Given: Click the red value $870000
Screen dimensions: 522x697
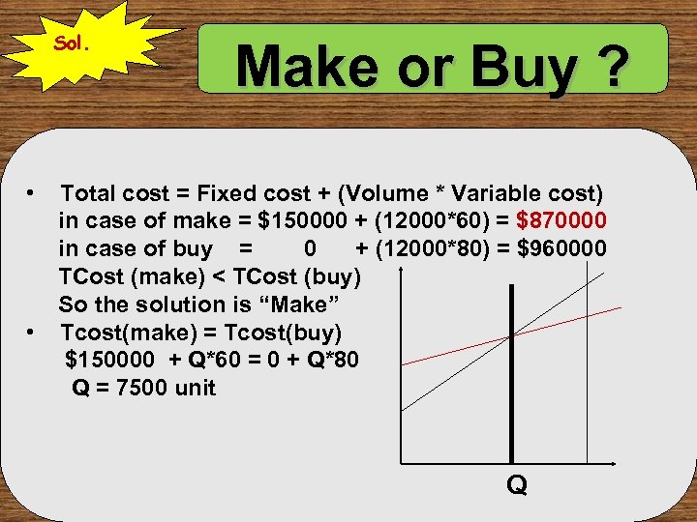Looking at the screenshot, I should pos(562,220).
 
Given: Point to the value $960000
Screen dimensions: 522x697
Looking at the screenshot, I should pos(562,248).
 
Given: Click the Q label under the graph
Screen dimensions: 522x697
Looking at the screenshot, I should pos(517,484).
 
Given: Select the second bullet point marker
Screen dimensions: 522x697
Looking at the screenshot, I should pos(32,333).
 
